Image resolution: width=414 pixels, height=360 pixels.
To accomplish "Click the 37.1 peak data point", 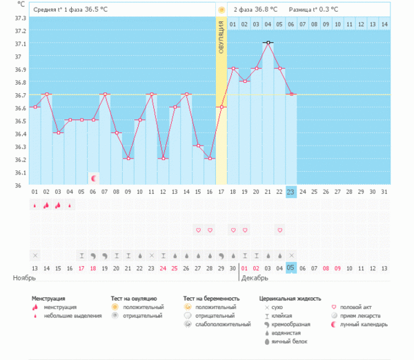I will (x=268, y=43).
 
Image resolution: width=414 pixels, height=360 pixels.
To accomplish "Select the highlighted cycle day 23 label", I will (x=291, y=192).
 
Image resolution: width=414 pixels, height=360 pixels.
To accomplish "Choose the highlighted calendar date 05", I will (x=291, y=268).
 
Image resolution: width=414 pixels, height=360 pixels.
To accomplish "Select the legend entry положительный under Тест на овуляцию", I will (x=142, y=307).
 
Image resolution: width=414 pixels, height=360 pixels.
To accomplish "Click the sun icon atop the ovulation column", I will (x=221, y=10).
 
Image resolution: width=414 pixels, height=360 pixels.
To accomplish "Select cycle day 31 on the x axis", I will (x=384, y=192).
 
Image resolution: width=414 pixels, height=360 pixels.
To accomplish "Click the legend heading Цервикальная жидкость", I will (x=290, y=299).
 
